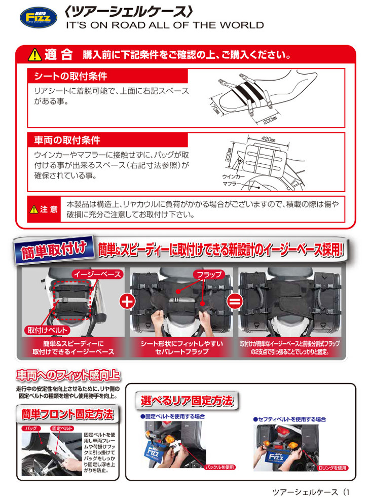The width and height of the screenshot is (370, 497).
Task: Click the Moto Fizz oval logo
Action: click(x=39, y=17)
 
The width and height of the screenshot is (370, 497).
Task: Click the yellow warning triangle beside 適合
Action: click(x=34, y=55)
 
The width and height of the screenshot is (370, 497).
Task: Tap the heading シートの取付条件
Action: click(x=70, y=76)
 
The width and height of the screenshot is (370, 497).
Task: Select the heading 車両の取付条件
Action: click(x=67, y=140)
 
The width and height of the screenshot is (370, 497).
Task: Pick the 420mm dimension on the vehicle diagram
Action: click(x=268, y=139)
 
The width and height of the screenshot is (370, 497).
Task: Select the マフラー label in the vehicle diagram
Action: click(x=232, y=184)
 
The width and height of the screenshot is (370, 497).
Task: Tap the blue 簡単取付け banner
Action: click(x=54, y=250)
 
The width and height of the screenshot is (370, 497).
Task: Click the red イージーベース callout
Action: click(x=97, y=274)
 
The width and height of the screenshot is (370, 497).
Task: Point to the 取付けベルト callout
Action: click(x=48, y=330)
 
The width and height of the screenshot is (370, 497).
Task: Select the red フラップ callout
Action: click(x=209, y=274)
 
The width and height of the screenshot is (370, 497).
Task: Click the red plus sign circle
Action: click(x=127, y=301)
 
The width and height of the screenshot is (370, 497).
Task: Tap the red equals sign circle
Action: click(x=235, y=301)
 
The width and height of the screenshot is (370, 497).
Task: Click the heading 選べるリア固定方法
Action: click(x=187, y=401)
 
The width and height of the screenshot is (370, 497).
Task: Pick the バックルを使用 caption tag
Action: click(x=219, y=467)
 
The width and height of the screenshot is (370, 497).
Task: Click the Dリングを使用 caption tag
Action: click(x=332, y=468)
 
